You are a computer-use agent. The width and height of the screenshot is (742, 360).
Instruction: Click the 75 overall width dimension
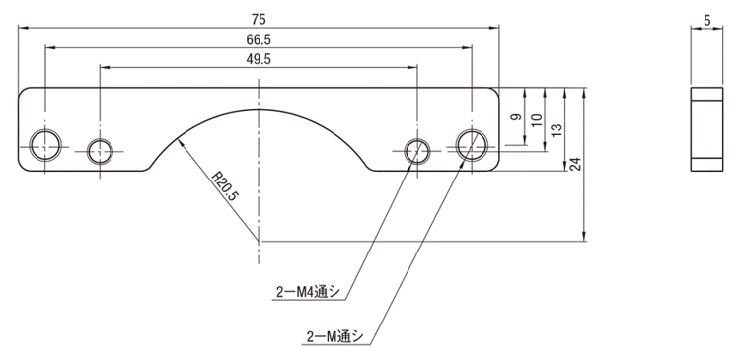[259, 20]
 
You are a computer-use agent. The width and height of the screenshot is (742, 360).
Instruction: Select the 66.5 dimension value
[259, 40]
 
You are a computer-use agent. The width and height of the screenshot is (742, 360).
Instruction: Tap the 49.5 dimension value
[259, 60]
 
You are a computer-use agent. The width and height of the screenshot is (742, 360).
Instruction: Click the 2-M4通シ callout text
[308, 292]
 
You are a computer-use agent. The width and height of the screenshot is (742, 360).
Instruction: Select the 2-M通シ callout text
[334, 337]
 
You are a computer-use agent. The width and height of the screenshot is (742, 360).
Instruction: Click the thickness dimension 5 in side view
[707, 21]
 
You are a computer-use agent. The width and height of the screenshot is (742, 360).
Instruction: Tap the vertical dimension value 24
[575, 164]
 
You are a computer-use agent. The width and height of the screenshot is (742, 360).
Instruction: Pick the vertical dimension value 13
[556, 130]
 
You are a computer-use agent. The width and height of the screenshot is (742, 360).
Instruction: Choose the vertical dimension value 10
[537, 120]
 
